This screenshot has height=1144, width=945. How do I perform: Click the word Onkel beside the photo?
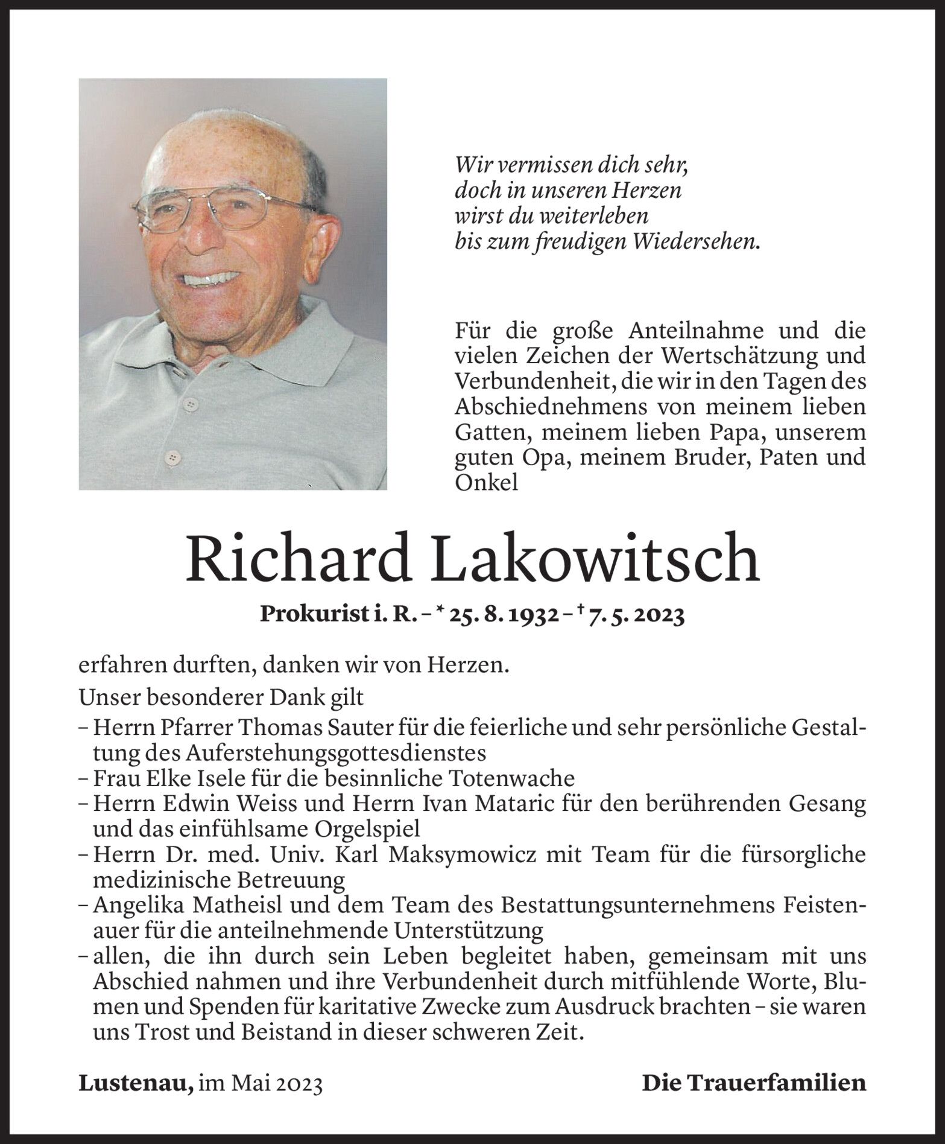[485, 483]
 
